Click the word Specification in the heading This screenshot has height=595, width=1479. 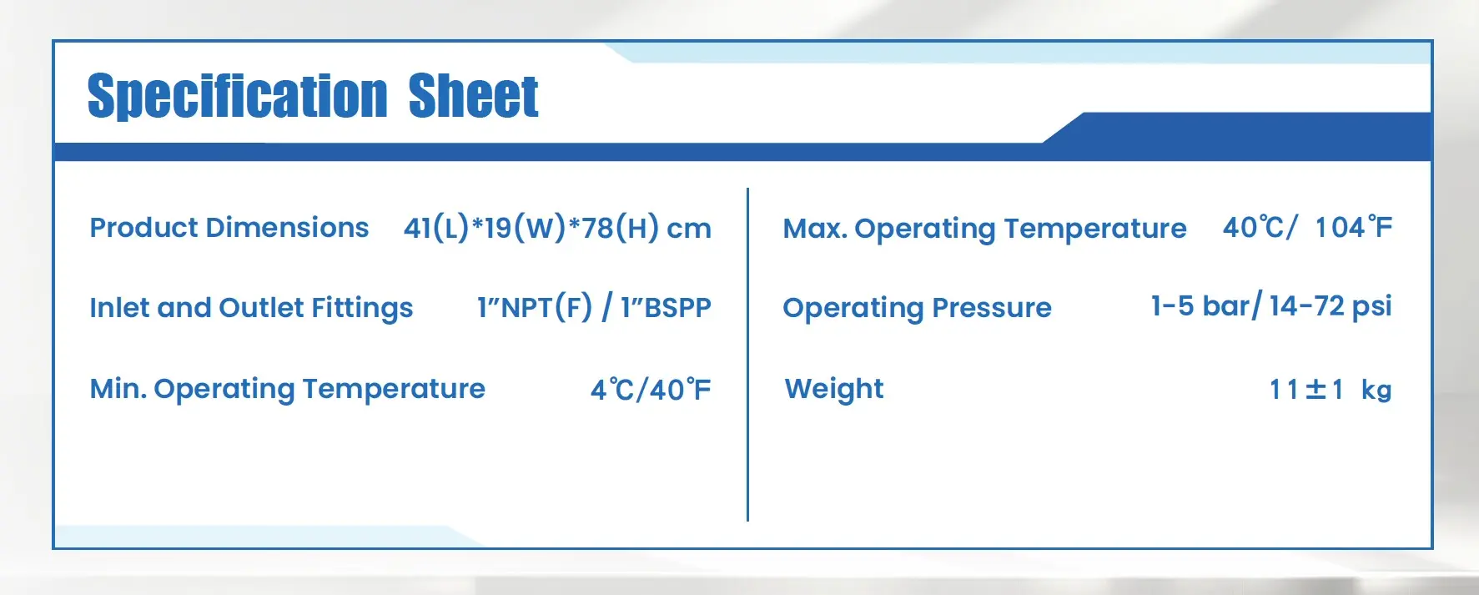pyautogui.click(x=238, y=96)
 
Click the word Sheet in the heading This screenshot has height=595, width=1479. pyautogui.click(x=473, y=96)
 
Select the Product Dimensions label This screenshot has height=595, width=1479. pyautogui.click(x=229, y=227)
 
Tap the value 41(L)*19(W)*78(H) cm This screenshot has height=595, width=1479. pyautogui.click(x=557, y=228)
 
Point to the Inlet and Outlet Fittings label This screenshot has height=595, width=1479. pyautogui.click(x=251, y=308)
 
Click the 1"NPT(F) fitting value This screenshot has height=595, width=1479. pyautogui.click(x=535, y=307)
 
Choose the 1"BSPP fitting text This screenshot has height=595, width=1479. pyautogui.click(x=666, y=307)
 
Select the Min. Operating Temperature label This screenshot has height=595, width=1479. pyautogui.click(x=288, y=389)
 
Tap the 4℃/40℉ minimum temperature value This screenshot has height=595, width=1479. pyautogui.click(x=651, y=389)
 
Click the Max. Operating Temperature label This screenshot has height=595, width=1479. pyautogui.click(x=984, y=229)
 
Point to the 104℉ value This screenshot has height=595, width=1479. pyautogui.click(x=1354, y=227)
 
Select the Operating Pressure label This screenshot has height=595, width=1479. pyautogui.click(x=917, y=308)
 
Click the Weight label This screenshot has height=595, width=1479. pyautogui.click(x=834, y=389)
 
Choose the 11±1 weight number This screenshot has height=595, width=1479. pyautogui.click(x=1306, y=390)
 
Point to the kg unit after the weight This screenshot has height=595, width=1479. pyautogui.click(x=1376, y=390)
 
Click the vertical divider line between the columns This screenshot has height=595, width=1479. pyautogui.click(x=747, y=355)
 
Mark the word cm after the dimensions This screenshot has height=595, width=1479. pyautogui.click(x=689, y=229)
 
